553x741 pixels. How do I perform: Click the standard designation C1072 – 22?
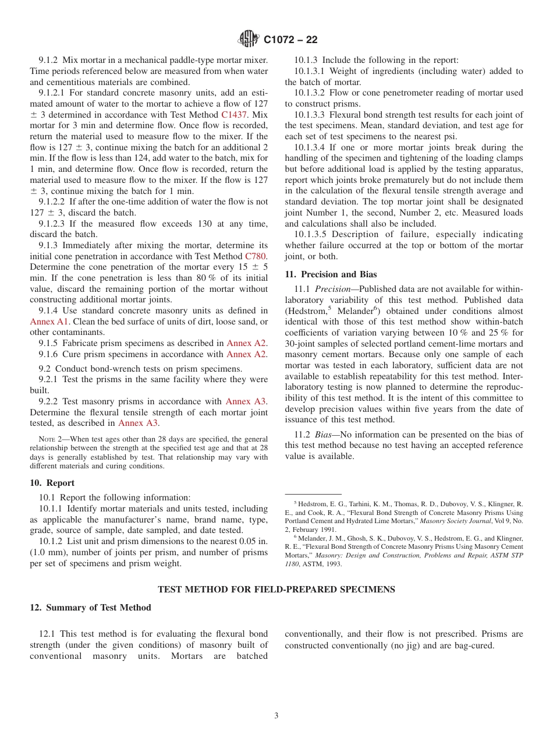click(290, 40)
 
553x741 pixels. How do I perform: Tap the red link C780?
click(256, 256)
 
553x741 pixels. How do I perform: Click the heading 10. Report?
click(52, 483)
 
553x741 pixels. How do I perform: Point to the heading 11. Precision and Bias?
click(331, 274)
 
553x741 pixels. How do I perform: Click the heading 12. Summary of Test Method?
click(90, 608)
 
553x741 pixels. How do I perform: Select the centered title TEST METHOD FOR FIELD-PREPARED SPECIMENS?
click(276, 590)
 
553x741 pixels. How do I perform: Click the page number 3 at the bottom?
click(276, 716)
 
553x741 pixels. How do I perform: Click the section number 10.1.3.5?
click(311, 235)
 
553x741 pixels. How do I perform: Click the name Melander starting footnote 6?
click(313, 539)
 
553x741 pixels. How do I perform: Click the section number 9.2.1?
click(48, 380)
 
